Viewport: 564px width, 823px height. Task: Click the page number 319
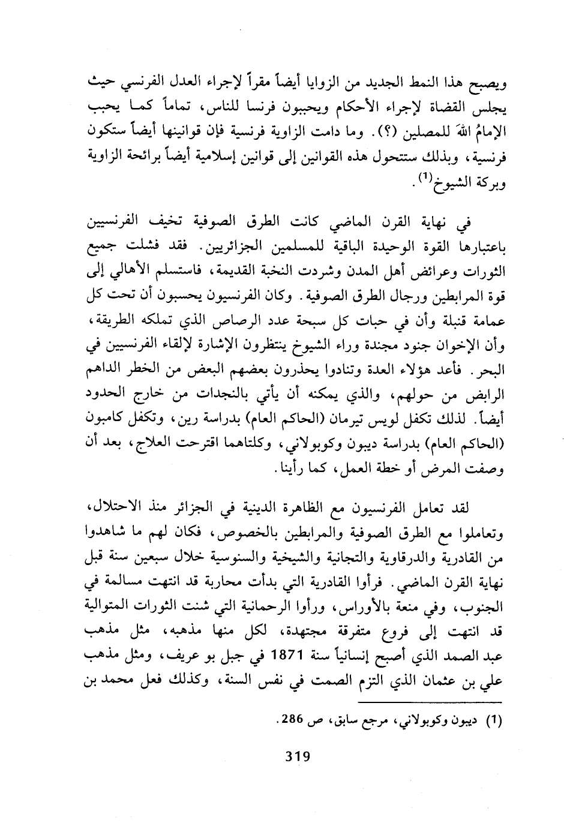[297, 756]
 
